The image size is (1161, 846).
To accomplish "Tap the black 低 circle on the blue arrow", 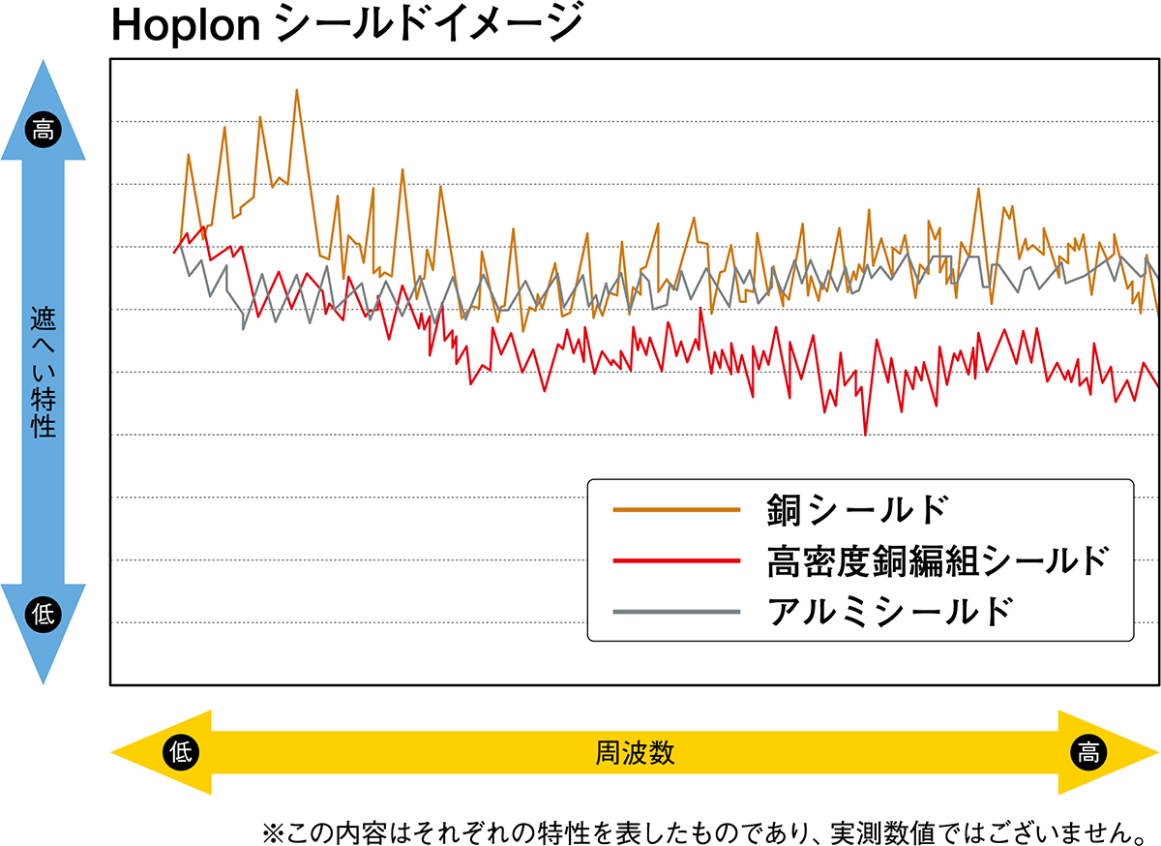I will (x=43, y=611).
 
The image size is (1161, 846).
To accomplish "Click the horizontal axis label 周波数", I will (x=636, y=752).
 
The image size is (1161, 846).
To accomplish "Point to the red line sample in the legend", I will (x=676, y=560).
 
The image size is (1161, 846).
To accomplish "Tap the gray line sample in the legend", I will (x=676, y=612).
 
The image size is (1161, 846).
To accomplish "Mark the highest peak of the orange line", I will (x=296, y=90).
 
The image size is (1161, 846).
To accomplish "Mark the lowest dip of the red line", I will (x=865, y=435).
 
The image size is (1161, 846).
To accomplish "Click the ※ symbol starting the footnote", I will (x=270, y=831).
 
